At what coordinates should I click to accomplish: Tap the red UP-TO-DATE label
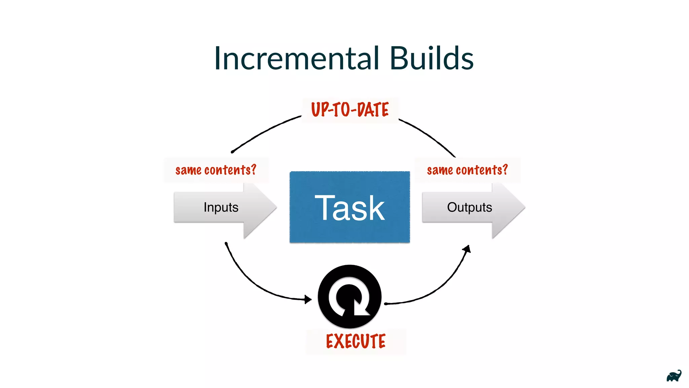350,110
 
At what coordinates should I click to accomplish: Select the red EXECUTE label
356,341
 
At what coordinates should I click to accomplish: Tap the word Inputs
221,207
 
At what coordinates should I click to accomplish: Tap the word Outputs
469,207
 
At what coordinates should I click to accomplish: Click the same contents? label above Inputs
216,170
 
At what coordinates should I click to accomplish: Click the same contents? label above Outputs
467,170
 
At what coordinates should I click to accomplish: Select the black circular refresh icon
350,296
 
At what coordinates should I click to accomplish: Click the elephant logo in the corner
674,376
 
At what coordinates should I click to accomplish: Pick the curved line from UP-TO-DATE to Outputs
429,135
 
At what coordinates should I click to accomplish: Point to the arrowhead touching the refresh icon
307,299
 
